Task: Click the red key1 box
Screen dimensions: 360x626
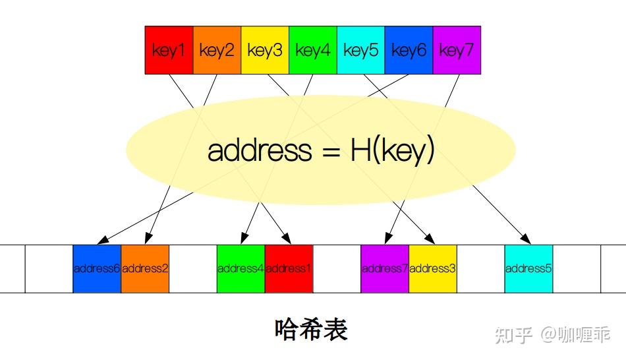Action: click(169, 50)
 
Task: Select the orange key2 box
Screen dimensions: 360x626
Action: click(217, 50)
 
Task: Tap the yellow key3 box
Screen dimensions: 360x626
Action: click(265, 50)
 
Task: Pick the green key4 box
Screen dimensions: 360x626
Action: click(313, 50)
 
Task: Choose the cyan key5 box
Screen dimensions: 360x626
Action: click(360, 50)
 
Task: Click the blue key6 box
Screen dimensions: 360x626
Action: click(409, 50)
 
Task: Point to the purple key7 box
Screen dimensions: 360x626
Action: click(457, 50)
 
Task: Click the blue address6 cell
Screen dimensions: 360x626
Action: click(97, 268)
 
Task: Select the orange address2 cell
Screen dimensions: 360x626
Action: click(145, 268)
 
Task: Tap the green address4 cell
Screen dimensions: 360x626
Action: click(241, 268)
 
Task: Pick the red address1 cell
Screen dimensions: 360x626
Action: click(289, 268)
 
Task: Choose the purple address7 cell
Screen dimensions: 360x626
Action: click(385, 268)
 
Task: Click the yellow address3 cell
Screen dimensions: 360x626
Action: click(433, 268)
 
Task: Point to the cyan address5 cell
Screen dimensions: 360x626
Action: click(528, 268)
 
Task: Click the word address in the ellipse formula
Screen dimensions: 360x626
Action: click(259, 150)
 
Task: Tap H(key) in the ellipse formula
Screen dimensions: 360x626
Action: click(392, 150)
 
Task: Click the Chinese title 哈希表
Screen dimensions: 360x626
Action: click(311, 329)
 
